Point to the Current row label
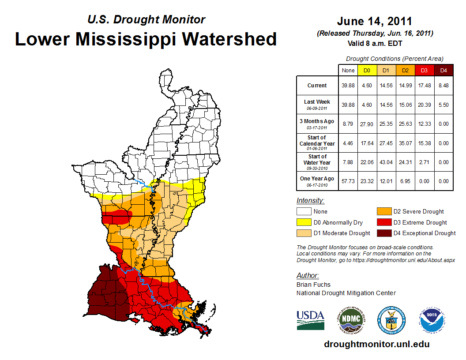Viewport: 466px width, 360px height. tap(317, 86)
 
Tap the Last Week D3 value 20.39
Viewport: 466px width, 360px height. tap(425, 105)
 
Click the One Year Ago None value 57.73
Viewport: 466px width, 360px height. tap(348, 181)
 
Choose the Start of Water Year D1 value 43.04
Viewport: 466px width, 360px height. tap(386, 162)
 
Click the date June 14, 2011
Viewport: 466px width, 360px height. tap(374, 21)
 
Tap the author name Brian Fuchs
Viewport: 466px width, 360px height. tap(313, 285)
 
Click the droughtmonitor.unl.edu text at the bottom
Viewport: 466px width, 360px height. tap(376, 344)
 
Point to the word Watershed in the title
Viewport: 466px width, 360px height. tap(229, 39)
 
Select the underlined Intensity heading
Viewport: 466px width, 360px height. tap(310, 200)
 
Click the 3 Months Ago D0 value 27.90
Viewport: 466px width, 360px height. tap(367, 124)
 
